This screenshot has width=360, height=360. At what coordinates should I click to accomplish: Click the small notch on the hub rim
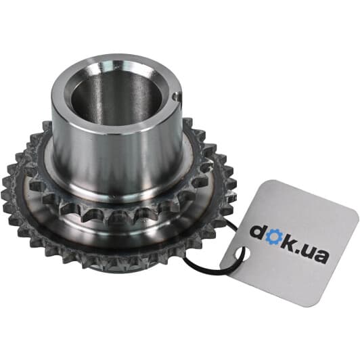pos(176,96)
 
